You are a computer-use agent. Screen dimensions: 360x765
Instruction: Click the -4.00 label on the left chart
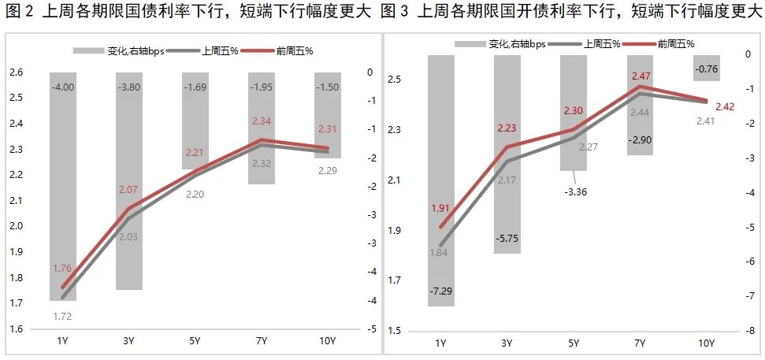pos(63,86)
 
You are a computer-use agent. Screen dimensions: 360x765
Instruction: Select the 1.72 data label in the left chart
pos(62,316)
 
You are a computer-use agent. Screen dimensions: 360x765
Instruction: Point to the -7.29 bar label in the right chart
pos(440,291)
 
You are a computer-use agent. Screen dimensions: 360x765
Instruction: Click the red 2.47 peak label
pos(640,76)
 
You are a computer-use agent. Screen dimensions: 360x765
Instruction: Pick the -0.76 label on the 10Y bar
pos(707,69)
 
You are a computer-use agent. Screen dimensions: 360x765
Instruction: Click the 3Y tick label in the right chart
pos(507,343)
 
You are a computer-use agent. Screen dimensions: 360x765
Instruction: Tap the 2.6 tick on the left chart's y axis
pos(16,73)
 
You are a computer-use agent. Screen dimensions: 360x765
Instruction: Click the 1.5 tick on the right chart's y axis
pos(395,331)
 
